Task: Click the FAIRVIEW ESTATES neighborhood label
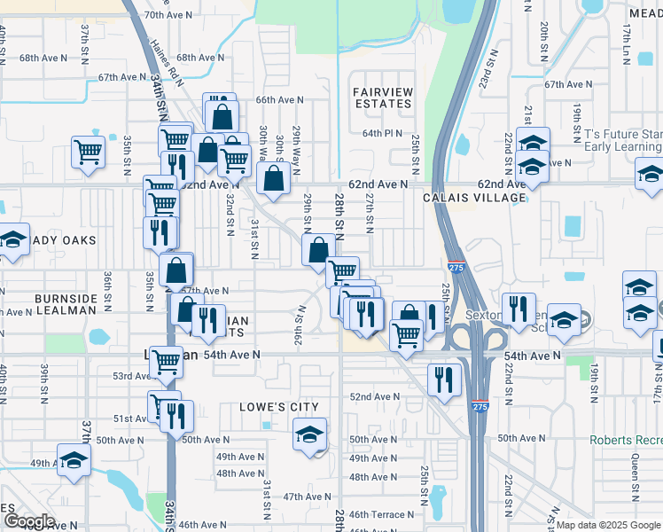click(x=383, y=98)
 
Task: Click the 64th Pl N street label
click(x=382, y=133)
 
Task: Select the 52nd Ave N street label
click(x=375, y=397)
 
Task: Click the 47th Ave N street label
click(x=307, y=497)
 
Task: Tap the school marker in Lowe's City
click(x=309, y=435)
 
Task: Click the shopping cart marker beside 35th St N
click(x=89, y=152)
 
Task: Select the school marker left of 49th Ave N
click(x=74, y=459)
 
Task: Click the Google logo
click(x=30, y=522)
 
